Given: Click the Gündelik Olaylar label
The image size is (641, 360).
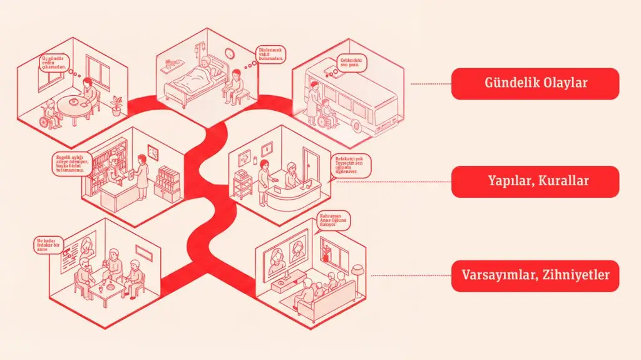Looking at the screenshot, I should (x=535, y=83).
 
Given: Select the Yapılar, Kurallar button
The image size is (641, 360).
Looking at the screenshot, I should (x=535, y=182).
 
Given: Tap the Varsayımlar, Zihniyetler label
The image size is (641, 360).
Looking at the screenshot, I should (x=535, y=275).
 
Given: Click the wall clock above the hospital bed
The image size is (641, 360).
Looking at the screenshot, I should (x=229, y=54).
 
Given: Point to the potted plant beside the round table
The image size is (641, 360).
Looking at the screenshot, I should (x=116, y=105).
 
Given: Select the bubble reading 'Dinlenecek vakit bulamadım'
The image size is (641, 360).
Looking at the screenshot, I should (x=272, y=54).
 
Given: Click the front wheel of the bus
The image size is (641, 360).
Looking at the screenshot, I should (x=357, y=126).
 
